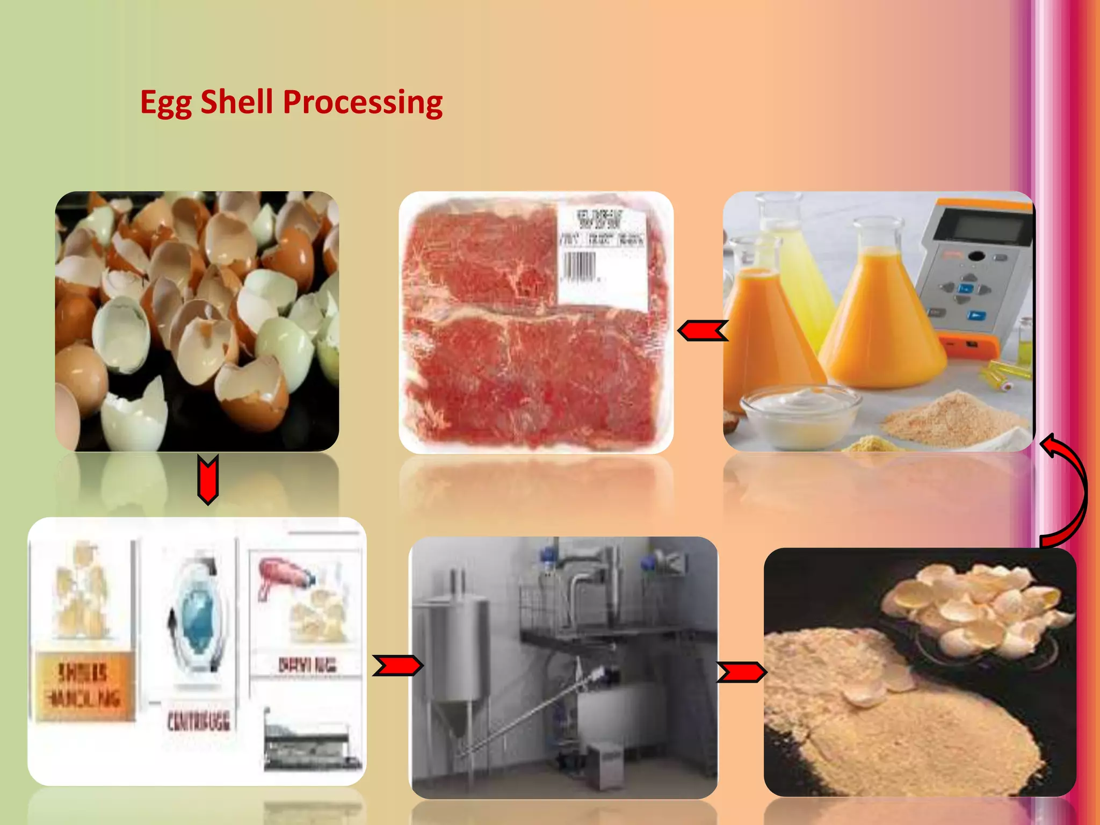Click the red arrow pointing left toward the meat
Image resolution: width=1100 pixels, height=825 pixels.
(x=703, y=331)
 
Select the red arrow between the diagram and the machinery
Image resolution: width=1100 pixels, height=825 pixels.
(x=397, y=666)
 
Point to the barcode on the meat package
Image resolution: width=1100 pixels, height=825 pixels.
(x=579, y=265)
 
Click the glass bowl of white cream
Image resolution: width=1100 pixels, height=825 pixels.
(x=800, y=411)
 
